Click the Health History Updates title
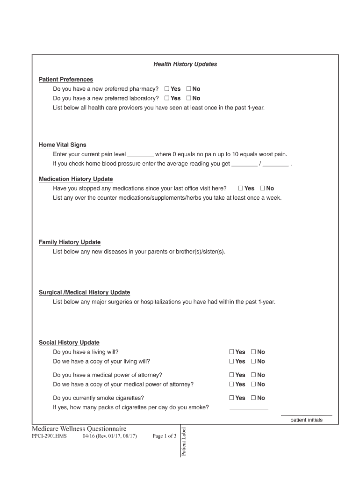click(185, 64)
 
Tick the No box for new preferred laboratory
click(189, 98)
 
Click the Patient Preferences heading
click(66, 80)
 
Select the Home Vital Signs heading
click(63, 145)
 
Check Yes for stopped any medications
click(241, 189)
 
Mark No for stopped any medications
click(263, 189)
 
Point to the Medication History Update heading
click(76, 179)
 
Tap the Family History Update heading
click(70, 242)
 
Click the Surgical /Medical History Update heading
click(84, 292)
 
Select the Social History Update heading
click(69, 343)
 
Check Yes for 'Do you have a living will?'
click(231, 352)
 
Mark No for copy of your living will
click(253, 361)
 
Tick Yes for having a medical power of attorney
click(231, 375)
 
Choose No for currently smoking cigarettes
click(253, 398)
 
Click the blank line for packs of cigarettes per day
click(249, 408)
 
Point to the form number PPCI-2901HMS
click(49, 436)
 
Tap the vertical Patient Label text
click(184, 442)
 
